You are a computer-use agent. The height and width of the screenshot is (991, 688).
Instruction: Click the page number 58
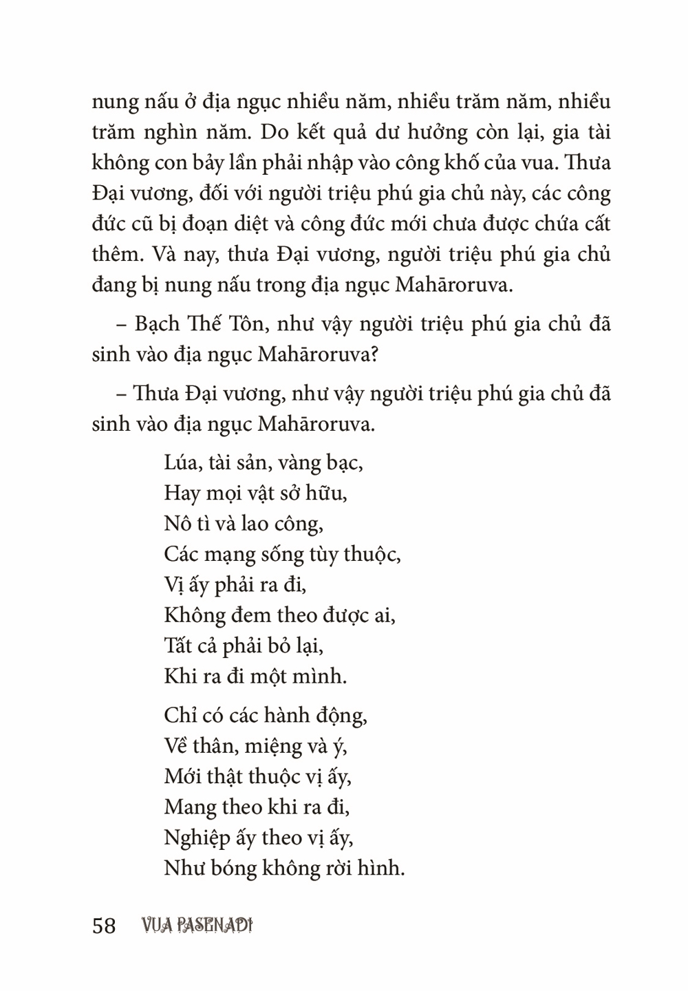point(103,926)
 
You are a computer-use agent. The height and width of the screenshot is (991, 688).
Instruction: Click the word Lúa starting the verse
point(181,462)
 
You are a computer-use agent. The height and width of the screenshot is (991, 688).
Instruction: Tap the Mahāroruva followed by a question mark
point(316,354)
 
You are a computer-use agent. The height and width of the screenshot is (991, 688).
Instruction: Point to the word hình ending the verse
point(380,869)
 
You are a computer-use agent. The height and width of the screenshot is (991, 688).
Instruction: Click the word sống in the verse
point(286,555)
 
